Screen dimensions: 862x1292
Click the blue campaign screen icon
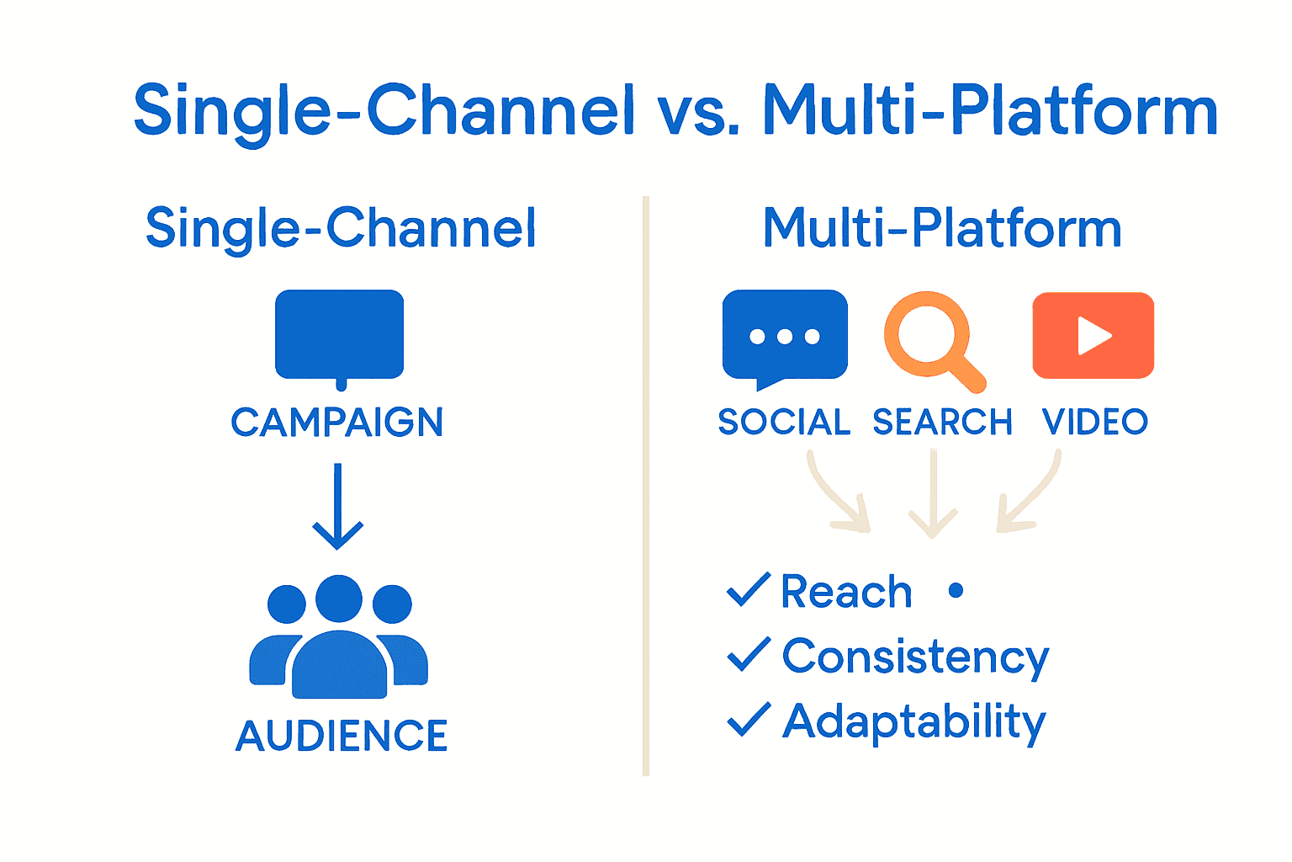click(339, 335)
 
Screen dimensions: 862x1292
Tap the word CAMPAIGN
click(336, 423)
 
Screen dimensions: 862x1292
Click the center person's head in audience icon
click(339, 599)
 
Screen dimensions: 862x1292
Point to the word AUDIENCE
click(342, 736)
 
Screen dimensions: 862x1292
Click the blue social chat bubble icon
click(785, 336)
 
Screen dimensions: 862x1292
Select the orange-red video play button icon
click(1093, 335)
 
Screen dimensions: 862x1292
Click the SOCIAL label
click(784, 422)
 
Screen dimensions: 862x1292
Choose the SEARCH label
click(942, 422)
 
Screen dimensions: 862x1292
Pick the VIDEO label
click(1094, 422)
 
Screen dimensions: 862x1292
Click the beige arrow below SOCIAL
click(838, 496)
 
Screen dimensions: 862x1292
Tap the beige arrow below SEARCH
click(933, 497)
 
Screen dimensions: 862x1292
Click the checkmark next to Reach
click(748, 589)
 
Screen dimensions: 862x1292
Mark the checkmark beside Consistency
click(748, 654)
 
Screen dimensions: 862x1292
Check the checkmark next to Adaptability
click(748, 719)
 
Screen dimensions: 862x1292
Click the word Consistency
click(915, 657)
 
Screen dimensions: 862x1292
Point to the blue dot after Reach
click(956, 591)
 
